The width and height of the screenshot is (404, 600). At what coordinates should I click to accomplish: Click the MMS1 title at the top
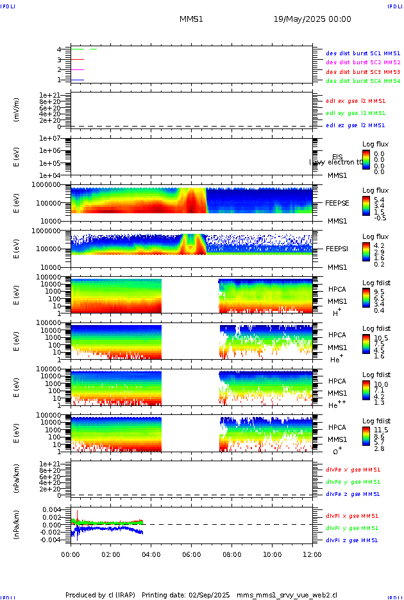tap(191, 19)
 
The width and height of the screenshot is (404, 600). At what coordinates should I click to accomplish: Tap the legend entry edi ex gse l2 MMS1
tap(356, 101)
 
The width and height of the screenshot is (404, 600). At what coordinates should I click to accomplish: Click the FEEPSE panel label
tap(336, 203)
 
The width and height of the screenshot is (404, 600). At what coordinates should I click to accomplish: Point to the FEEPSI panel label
tap(336, 249)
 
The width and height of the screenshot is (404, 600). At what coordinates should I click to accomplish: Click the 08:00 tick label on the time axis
tap(231, 554)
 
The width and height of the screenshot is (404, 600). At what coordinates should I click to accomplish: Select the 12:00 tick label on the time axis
tap(312, 554)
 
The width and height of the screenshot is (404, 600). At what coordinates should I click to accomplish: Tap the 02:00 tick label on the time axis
tap(111, 554)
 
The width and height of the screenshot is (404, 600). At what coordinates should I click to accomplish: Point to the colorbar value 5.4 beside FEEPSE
tap(379, 200)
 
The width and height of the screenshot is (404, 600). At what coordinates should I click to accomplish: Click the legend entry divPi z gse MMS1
tap(352, 540)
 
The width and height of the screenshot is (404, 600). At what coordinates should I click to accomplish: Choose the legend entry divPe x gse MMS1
tap(353, 470)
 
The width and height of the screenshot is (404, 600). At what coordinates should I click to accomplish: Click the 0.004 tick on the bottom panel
tap(51, 509)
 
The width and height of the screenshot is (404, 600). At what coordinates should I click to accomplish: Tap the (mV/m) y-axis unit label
tap(17, 110)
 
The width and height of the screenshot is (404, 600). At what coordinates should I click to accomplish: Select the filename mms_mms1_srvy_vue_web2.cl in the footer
tap(288, 596)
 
